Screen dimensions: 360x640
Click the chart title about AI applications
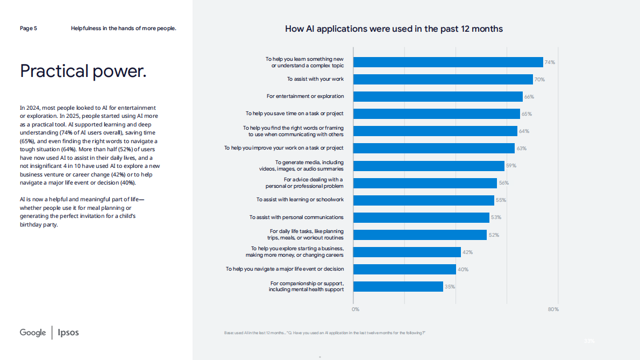(394, 29)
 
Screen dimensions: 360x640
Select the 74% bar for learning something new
(448, 62)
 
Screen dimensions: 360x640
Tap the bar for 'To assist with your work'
(443, 79)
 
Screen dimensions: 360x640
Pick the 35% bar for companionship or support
(398, 286)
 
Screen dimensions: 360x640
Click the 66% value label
(529, 97)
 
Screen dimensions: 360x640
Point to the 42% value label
(468, 252)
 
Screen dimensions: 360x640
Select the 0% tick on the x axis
(355, 309)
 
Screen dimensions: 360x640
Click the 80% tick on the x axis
(553, 309)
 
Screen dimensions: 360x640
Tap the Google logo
(33, 333)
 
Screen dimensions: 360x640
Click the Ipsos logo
(68, 333)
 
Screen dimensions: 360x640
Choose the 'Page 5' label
(29, 28)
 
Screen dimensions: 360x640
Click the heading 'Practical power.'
(83, 70)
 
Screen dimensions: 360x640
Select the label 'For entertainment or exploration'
(305, 96)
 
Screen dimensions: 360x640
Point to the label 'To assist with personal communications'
(296, 217)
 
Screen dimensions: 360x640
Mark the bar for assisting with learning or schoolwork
(423, 200)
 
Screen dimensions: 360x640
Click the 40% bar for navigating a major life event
(404, 269)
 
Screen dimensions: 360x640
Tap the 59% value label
(510, 166)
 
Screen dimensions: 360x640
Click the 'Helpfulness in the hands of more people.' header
(123, 28)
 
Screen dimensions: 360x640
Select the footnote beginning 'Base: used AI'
(324, 333)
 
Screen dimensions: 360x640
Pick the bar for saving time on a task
(436, 114)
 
